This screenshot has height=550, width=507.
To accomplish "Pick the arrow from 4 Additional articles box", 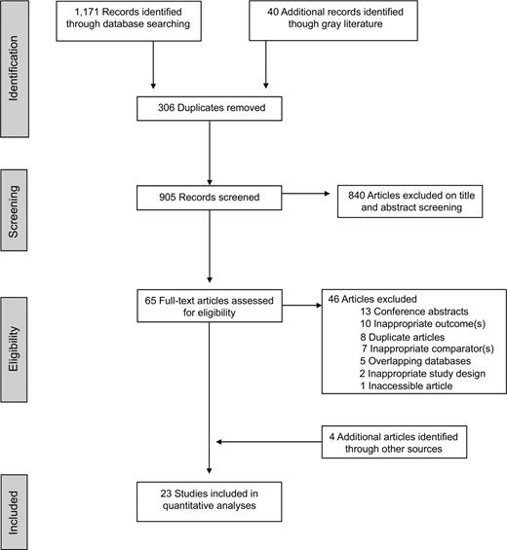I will pos(268,442).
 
